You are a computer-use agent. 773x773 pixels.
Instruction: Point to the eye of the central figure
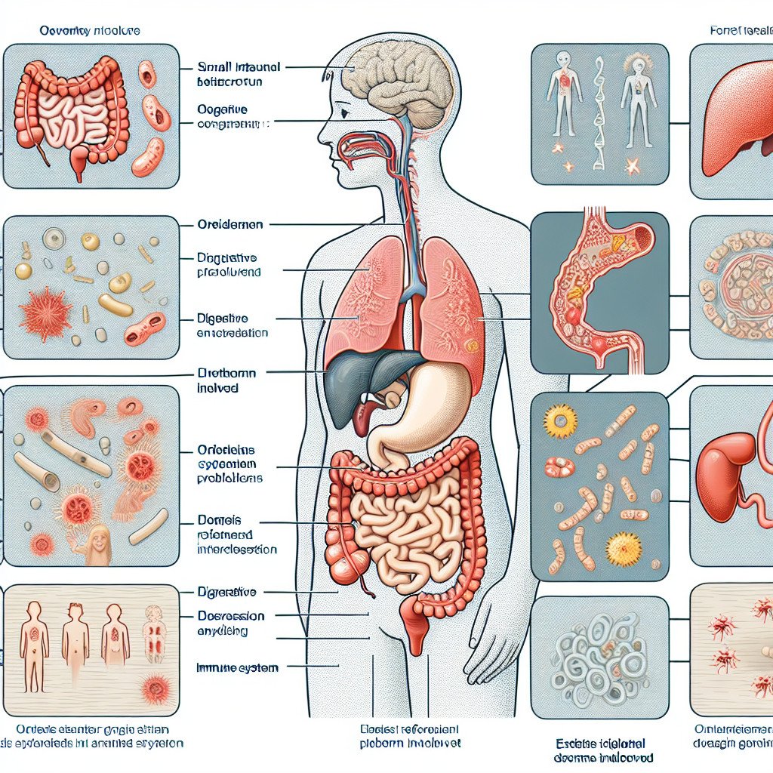[x=343, y=113]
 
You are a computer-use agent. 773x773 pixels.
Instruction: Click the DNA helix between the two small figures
[x=600, y=113]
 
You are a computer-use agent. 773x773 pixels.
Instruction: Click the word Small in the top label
[x=213, y=66]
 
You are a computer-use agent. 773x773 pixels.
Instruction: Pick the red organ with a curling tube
[x=728, y=468]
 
